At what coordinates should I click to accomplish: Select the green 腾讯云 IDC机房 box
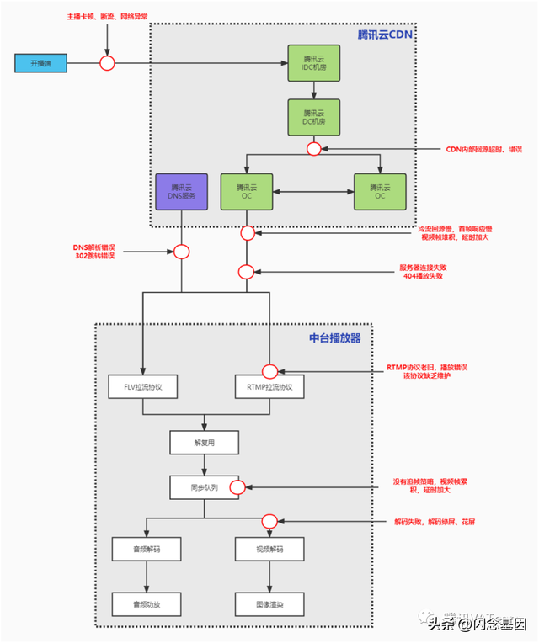point(312,63)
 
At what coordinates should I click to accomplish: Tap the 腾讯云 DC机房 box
point(312,115)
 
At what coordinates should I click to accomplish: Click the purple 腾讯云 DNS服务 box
point(182,192)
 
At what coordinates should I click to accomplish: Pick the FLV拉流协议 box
point(142,387)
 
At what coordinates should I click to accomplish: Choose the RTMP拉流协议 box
point(269,387)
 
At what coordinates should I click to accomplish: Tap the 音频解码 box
point(147,550)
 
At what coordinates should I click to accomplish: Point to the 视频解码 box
point(269,550)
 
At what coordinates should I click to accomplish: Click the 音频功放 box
point(147,603)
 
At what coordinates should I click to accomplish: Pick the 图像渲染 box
point(269,603)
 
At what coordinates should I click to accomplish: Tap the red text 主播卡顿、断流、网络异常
point(107,17)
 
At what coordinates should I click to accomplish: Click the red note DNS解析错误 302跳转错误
point(93,251)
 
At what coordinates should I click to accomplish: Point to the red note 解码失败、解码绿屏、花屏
point(435,522)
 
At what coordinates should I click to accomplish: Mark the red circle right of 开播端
point(108,63)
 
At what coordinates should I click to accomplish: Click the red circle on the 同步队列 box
point(237,486)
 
